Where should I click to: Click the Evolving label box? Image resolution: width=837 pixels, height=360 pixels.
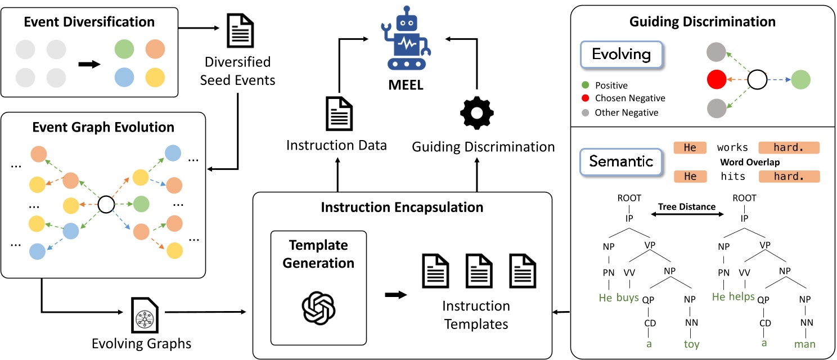(x=621, y=55)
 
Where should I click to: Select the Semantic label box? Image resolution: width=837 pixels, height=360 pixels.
(x=621, y=162)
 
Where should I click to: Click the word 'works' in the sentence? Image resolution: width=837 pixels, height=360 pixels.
(x=732, y=148)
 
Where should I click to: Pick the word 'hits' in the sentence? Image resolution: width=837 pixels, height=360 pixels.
(x=732, y=177)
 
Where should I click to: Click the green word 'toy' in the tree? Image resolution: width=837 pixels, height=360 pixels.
(x=692, y=344)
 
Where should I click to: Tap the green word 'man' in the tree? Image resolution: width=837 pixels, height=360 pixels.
(x=804, y=344)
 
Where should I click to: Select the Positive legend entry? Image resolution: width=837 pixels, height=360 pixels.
(x=610, y=85)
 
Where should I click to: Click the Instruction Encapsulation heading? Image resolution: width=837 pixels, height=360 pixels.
(x=402, y=208)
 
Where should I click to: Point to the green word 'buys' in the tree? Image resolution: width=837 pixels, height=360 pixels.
(x=627, y=298)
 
